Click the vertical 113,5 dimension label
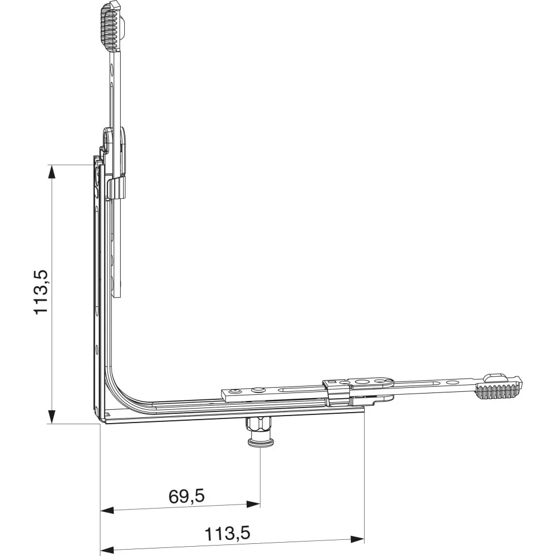point(41,292)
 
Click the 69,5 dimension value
point(187,496)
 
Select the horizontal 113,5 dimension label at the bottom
point(227,533)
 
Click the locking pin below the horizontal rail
point(261,432)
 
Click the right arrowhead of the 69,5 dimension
point(253,504)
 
